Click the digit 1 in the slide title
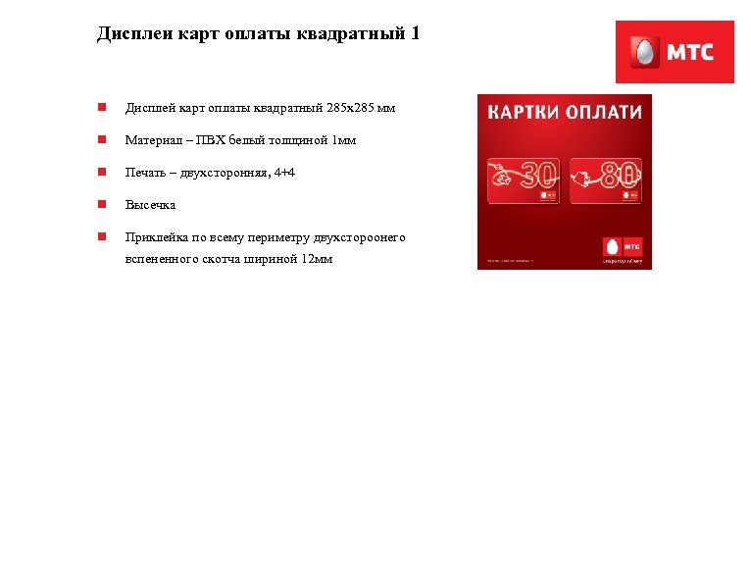pyautogui.click(x=415, y=34)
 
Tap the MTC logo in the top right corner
pyautogui.click(x=675, y=52)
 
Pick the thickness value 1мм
pyautogui.click(x=344, y=140)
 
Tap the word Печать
pyautogui.click(x=148, y=173)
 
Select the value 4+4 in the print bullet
pyautogui.click(x=284, y=173)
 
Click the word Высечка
pyautogui.click(x=150, y=205)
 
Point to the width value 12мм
pyautogui.click(x=317, y=259)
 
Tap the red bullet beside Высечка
pyautogui.click(x=101, y=205)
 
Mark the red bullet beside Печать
pyautogui.click(x=101, y=173)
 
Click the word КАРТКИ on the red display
pyautogui.click(x=525, y=112)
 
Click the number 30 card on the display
pyautogui.click(x=525, y=180)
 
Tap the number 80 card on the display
pyautogui.click(x=605, y=180)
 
